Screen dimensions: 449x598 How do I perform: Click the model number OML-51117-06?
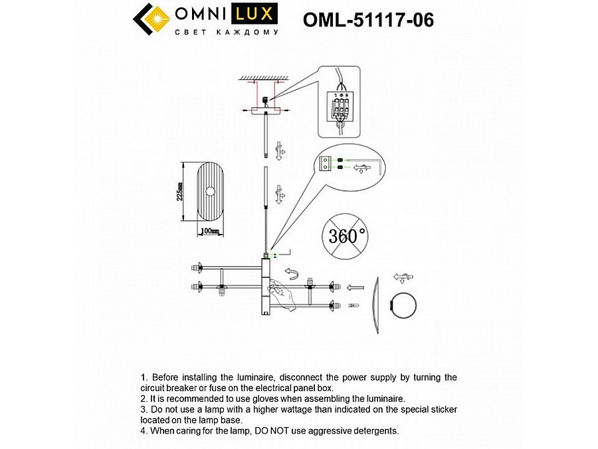pyautogui.click(x=368, y=20)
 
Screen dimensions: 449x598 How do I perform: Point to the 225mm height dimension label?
pyautogui.click(x=179, y=192)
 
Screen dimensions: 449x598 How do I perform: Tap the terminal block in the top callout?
pyautogui.click(x=340, y=104)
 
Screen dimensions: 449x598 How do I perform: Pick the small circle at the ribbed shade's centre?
pyautogui.click(x=210, y=192)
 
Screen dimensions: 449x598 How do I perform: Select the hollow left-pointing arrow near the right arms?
pyautogui.click(x=355, y=288)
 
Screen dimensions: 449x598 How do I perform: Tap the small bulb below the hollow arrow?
pyautogui.click(x=353, y=305)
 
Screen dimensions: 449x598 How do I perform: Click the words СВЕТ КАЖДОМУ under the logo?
pyautogui.click(x=227, y=31)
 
